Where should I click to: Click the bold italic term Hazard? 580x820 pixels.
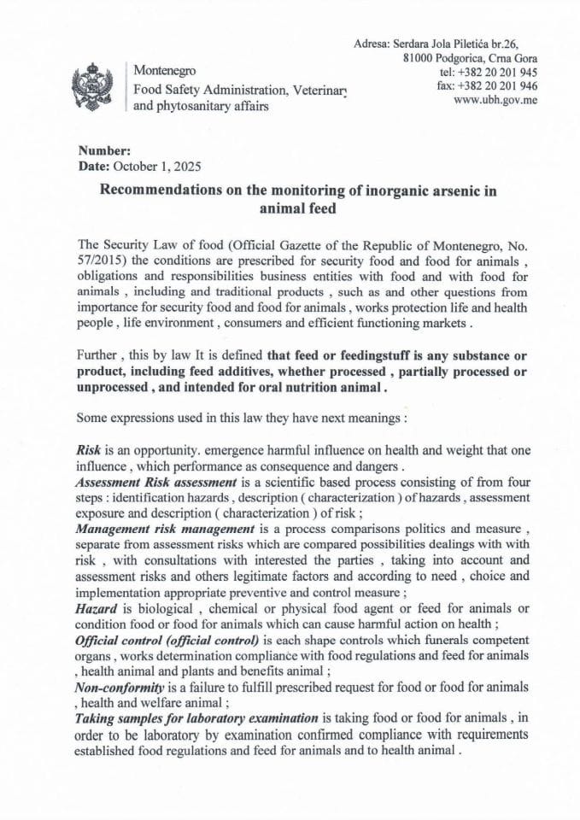coord(96,607)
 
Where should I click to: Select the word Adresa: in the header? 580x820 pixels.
coord(372,43)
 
